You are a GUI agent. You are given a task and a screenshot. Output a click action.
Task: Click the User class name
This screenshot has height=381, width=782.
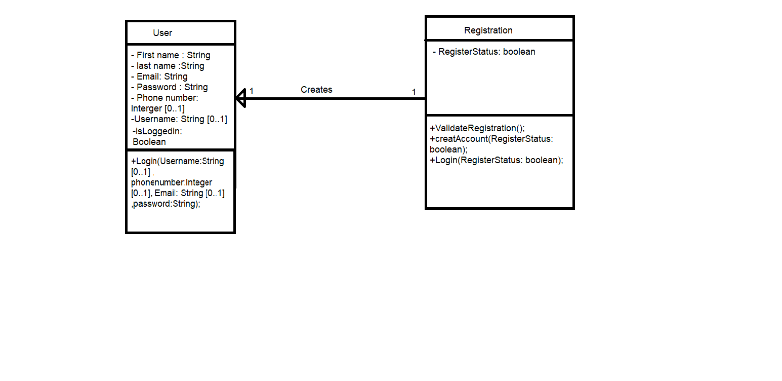point(162,33)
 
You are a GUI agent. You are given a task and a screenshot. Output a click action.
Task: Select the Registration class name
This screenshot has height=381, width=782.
point(488,30)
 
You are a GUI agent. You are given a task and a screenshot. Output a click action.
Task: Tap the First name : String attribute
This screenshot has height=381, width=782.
point(171,55)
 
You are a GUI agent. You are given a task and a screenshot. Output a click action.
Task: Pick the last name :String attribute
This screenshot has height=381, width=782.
point(168,66)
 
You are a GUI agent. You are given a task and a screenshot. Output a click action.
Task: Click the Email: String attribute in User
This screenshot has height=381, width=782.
point(159,77)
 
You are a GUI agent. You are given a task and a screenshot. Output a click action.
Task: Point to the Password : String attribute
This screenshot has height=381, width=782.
point(169,87)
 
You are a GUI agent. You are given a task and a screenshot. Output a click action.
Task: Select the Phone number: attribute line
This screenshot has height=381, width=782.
point(164,98)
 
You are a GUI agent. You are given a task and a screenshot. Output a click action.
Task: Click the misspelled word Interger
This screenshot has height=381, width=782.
point(146,108)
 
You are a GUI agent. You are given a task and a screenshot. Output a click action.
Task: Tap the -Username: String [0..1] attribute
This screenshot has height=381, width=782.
point(179,119)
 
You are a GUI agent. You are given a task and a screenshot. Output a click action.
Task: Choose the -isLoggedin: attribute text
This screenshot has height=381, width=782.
point(157,131)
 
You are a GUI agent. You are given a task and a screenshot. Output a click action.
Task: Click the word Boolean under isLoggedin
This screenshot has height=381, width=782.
point(149,142)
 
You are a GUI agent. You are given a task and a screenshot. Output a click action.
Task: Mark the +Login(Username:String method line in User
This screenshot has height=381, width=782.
point(177,161)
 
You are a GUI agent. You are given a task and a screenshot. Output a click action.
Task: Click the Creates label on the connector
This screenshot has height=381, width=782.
point(316,90)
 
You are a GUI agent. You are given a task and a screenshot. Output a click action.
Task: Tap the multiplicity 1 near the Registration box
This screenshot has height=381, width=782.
point(414,92)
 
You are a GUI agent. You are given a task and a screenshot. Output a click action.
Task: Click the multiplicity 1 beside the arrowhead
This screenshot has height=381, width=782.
point(252,91)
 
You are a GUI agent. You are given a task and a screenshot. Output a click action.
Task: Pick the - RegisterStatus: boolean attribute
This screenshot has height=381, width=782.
point(484,52)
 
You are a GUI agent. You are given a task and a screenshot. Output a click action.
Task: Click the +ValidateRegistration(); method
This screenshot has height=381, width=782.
point(477,128)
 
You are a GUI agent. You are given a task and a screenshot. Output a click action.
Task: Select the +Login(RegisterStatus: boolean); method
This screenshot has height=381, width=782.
point(496,160)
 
